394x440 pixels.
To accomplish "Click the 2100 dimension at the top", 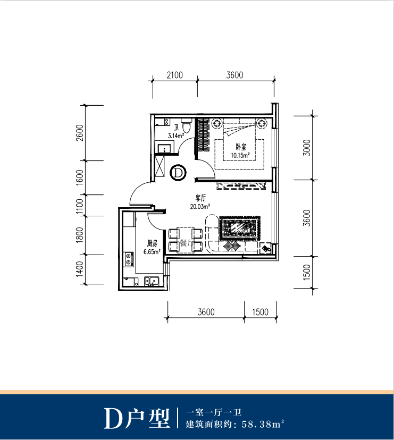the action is pyautogui.click(x=175, y=75).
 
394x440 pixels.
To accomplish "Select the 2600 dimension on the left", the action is pyautogui.click(x=80, y=133).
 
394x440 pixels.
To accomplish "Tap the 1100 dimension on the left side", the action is pyautogui.click(x=80, y=206).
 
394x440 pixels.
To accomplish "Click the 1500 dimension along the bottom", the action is pyautogui.click(x=260, y=312).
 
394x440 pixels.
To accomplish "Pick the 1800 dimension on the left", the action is pyautogui.click(x=80, y=235).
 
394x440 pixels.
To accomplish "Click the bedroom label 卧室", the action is pyautogui.click(x=241, y=147).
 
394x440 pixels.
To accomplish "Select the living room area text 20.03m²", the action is pyautogui.click(x=200, y=207).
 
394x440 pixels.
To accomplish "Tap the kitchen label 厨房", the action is pyautogui.click(x=152, y=243).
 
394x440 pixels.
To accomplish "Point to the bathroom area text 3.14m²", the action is pyautogui.click(x=176, y=136).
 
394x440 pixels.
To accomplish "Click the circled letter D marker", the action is pyautogui.click(x=178, y=173).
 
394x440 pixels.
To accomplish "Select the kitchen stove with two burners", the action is pyautogui.click(x=129, y=259).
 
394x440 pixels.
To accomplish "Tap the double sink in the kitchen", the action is pyautogui.click(x=152, y=281).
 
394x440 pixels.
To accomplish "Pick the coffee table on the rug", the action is pyautogui.click(x=240, y=228).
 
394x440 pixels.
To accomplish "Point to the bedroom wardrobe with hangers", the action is pyautogui.click(x=203, y=136).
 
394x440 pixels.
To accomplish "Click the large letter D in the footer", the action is pyautogui.click(x=113, y=418).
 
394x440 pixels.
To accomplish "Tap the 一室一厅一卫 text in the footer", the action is pyautogui.click(x=214, y=412).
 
